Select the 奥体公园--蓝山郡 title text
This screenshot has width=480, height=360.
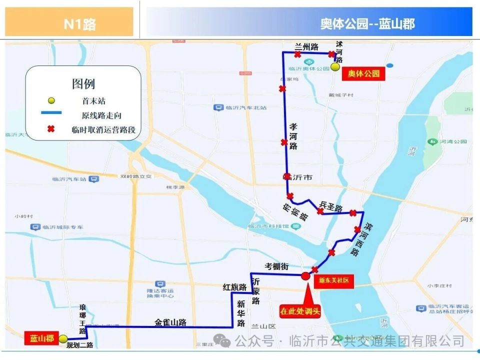coord(367,23)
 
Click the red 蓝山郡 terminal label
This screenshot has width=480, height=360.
coord(41,338)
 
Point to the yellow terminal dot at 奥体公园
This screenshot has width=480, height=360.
coord(335,66)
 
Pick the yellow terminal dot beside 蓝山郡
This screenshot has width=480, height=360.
coord(63,339)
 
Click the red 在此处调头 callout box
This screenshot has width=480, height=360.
coord(299,311)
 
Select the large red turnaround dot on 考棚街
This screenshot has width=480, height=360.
coord(305,275)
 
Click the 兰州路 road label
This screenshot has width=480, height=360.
coord(306,47)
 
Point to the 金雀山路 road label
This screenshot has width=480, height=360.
coord(170,322)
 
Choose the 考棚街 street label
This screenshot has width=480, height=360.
coord(276,266)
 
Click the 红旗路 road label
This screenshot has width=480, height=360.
coord(235,287)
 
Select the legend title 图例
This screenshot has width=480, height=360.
coord(83,83)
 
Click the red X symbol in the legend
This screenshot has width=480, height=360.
coord(50,129)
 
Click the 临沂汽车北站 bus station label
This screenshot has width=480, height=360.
coord(240,107)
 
